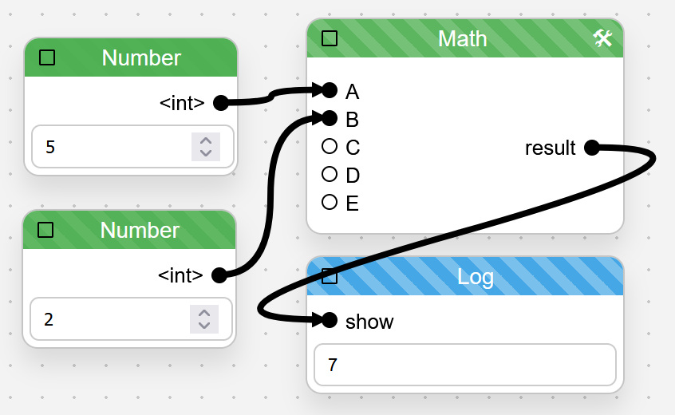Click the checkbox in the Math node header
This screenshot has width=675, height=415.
330,38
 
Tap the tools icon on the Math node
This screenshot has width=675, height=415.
602,38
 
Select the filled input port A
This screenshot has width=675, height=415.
330,90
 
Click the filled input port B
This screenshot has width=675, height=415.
330,118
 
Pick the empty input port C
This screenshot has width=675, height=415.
330,146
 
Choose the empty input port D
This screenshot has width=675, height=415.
330,174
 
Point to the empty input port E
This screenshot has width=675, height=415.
330,202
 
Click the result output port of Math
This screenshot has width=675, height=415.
592,148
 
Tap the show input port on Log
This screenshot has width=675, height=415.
330,320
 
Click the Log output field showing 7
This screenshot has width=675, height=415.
465,365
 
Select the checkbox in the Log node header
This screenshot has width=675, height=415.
330,276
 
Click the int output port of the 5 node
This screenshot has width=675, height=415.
221,103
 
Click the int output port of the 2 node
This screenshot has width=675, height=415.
219,275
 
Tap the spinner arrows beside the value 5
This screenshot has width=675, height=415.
206,147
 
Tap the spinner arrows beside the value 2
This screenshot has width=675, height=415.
204,319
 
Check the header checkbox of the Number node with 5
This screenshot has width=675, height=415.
47,57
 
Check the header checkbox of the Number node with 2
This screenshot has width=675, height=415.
45,230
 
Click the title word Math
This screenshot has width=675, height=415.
462,39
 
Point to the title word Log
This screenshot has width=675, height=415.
476,277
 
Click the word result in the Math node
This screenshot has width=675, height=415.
551,148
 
